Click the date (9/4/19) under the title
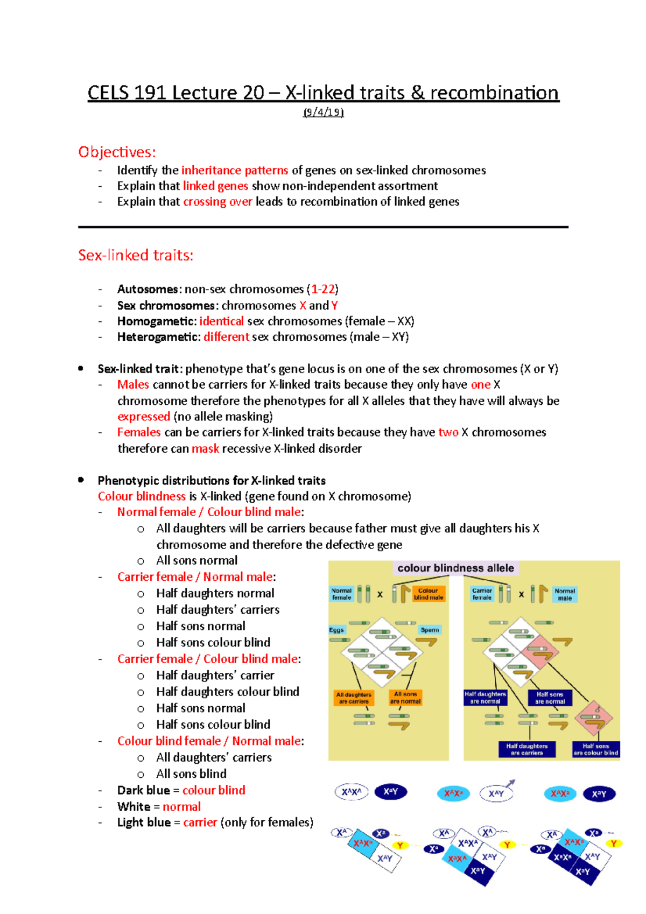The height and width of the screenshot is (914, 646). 323,112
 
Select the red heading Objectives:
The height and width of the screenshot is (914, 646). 117,152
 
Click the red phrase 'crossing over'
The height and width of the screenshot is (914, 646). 217,201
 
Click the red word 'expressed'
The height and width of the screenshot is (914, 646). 144,416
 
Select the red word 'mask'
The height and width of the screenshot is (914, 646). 205,448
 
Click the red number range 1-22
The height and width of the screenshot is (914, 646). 323,289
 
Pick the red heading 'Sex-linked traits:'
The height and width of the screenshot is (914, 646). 136,255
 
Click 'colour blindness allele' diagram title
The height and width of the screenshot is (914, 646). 455,568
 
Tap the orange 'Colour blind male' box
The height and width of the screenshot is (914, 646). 429,594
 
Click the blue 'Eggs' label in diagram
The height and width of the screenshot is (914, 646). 336,630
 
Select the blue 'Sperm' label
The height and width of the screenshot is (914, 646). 430,630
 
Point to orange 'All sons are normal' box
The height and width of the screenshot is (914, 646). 405,698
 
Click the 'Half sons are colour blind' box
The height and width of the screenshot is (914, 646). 595,749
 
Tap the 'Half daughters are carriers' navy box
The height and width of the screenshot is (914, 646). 526,749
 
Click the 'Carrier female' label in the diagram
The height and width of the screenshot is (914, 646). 482,594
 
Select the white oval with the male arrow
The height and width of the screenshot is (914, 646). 496,793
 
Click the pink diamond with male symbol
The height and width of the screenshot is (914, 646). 594,715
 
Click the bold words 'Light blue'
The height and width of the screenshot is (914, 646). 144,822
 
